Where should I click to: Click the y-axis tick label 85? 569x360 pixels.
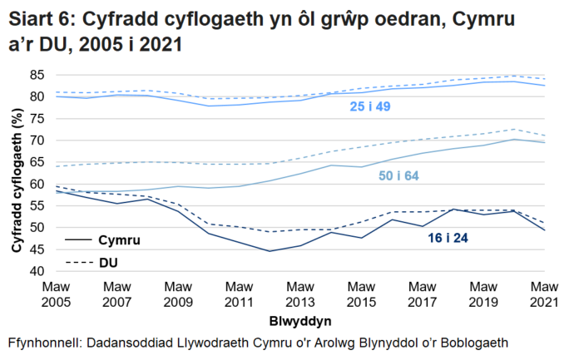click(x=36, y=75)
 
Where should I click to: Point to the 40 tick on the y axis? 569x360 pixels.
click(x=36, y=271)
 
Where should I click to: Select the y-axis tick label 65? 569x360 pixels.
click(x=36, y=162)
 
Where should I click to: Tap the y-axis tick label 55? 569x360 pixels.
click(x=36, y=205)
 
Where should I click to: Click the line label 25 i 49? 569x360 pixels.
click(x=369, y=107)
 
